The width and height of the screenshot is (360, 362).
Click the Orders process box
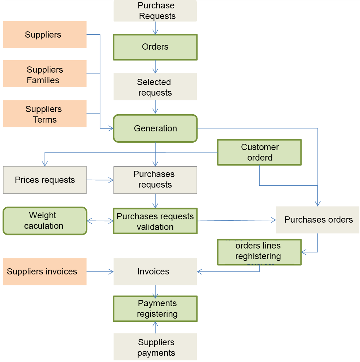[155, 47]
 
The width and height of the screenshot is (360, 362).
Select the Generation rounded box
[155, 128]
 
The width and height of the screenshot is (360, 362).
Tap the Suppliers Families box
[45, 74]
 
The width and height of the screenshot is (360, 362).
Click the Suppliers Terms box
[45, 114]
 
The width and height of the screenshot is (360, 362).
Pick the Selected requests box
[155, 87]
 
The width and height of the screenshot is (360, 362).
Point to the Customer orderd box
[259, 152]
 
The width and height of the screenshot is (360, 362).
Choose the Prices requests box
[45, 180]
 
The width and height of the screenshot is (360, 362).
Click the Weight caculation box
[45, 221]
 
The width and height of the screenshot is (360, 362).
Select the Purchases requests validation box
[155, 221]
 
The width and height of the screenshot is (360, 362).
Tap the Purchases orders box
[318, 220]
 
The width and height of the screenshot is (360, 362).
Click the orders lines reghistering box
[259, 252]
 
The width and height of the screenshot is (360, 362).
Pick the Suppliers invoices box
[45, 271]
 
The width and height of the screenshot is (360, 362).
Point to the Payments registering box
[155, 308]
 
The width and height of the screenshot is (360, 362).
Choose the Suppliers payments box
[155, 347]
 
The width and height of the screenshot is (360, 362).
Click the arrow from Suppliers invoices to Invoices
[100, 271]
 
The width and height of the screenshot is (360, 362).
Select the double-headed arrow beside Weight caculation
[100, 221]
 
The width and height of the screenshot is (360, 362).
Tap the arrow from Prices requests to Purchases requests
[100, 180]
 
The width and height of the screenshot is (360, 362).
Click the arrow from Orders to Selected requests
[155, 67]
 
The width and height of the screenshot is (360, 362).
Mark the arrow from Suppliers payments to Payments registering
[155, 327]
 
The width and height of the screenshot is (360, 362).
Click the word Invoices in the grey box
[153, 271]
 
